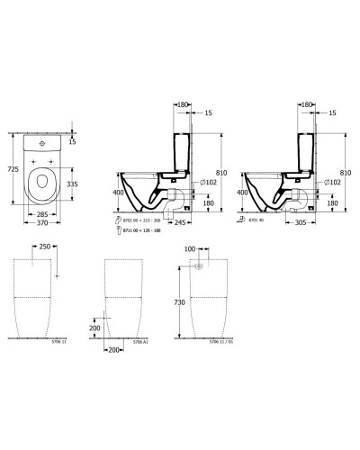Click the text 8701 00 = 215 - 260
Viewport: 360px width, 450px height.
tap(152, 220)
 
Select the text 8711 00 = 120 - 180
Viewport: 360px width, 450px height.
tap(152, 230)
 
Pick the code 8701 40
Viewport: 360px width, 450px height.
tap(256, 220)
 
